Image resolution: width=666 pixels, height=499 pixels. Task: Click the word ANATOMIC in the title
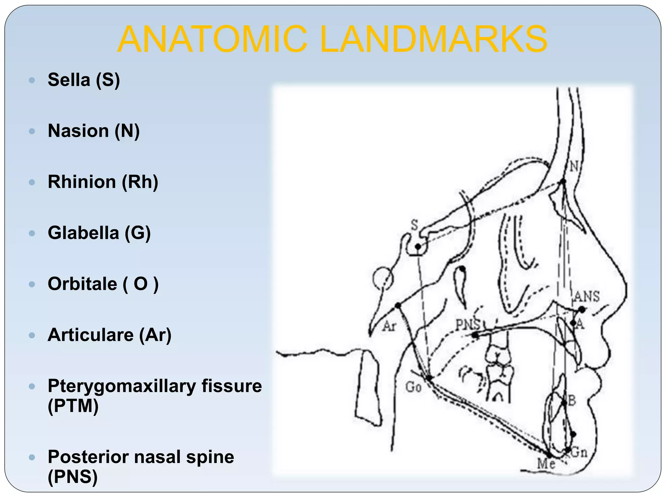pos(212,40)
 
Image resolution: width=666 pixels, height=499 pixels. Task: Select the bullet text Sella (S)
pos(84,80)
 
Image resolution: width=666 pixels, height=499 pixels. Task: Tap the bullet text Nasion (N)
pos(94,131)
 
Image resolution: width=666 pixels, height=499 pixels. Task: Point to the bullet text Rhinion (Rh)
pos(103,182)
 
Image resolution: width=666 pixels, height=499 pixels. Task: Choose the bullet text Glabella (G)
pos(99,233)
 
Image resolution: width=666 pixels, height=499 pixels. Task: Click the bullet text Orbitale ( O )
pos(103,284)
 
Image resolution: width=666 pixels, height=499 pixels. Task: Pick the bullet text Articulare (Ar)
pos(109,335)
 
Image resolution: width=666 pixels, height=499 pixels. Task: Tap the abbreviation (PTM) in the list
pos(73,406)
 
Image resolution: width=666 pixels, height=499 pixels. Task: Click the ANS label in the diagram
pos(587,296)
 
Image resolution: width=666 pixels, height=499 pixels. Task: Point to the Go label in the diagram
pos(413,387)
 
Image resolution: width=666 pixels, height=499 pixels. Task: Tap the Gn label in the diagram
pos(579,452)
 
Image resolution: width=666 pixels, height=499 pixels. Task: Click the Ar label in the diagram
pos(389,326)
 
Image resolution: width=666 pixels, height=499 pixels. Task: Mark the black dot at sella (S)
pos(418,247)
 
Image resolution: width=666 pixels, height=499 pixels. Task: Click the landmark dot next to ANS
pos(582,310)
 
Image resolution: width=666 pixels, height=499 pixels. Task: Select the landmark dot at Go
pos(429,378)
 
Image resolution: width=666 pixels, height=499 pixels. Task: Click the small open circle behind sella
pos(383,278)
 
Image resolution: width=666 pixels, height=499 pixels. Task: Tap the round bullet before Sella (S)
pos(32,80)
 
